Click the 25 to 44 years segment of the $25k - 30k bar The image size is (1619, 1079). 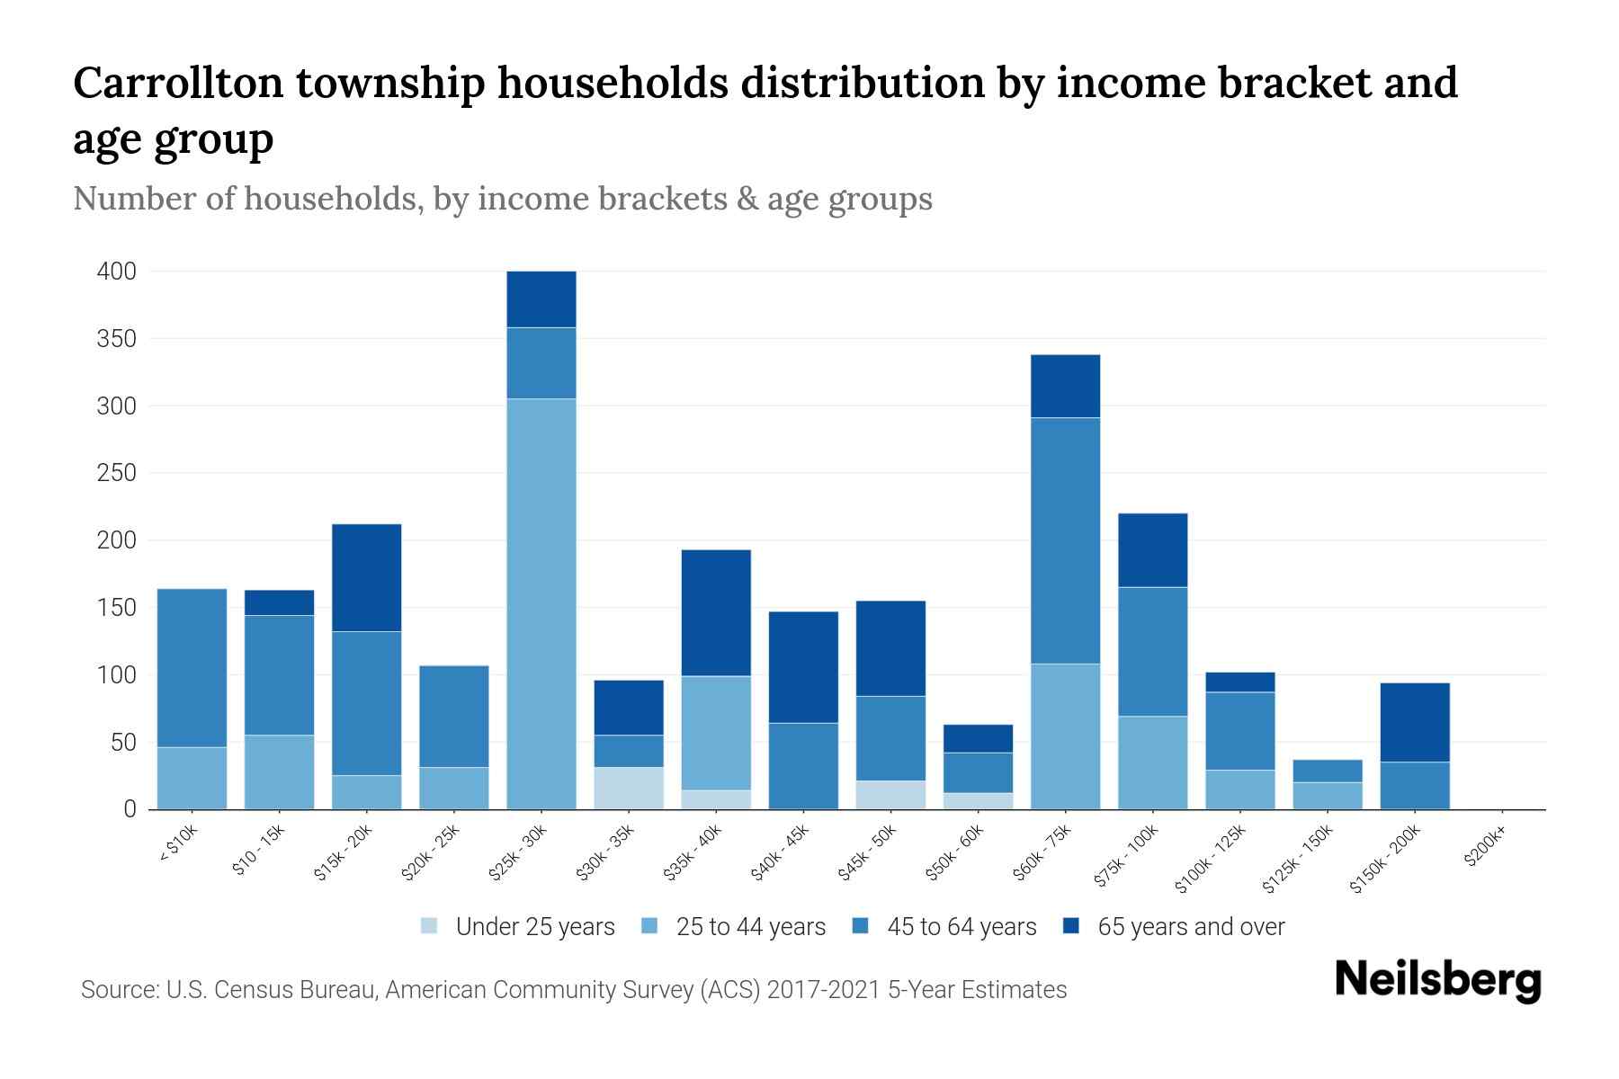coord(541,603)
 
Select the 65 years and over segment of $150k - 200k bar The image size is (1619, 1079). coord(1415,722)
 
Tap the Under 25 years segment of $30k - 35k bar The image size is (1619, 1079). coord(629,788)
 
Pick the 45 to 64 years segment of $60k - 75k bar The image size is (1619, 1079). coord(1065,540)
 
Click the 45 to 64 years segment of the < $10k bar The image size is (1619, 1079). coord(192,667)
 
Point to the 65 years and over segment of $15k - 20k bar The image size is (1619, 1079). coord(366,577)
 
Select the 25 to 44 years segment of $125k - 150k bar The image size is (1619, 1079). coord(1328,796)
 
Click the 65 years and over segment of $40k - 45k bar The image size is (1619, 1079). coord(803,667)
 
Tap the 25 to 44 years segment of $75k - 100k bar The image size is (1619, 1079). coord(1152,762)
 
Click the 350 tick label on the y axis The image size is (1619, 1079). coord(117,339)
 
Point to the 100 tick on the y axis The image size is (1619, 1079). coord(117,675)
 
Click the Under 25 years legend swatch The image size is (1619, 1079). coord(430,926)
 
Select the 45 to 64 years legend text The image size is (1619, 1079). coord(962,926)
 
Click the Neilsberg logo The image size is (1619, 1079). coord(1438,980)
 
